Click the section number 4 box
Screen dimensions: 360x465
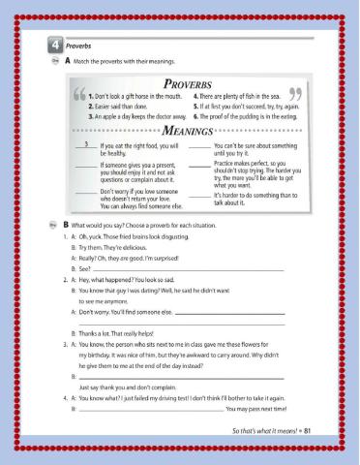[45, 44]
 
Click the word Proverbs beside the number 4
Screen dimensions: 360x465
[67, 44]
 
